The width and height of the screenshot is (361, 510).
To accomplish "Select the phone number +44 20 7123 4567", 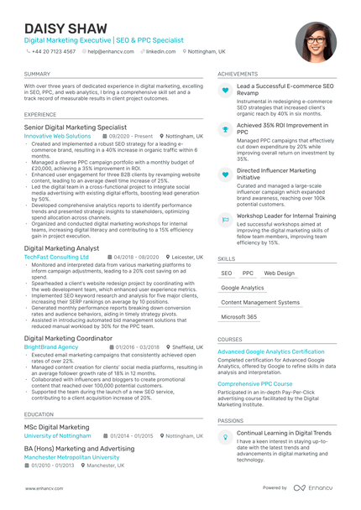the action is pyautogui.click(x=53, y=51).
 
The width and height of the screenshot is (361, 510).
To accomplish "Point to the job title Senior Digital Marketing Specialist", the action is pyautogui.click(x=76, y=127).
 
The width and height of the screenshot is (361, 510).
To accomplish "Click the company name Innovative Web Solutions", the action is pyautogui.click(x=57, y=135).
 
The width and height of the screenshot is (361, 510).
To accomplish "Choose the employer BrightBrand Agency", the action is pyautogui.click(x=51, y=346).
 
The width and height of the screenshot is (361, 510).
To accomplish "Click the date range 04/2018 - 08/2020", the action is pyautogui.click(x=136, y=257).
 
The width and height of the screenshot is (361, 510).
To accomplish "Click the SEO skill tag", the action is pyautogui.click(x=227, y=273).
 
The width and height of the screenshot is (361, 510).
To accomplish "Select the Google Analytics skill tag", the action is pyautogui.click(x=242, y=288).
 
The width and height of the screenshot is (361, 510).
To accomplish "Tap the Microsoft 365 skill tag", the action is pyautogui.click(x=239, y=317).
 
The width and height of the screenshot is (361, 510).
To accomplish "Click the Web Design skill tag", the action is pyautogui.click(x=279, y=273).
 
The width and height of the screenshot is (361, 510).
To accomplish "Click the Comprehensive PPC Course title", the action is pyautogui.click(x=254, y=383).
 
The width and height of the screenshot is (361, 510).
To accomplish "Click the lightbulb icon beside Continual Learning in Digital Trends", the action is pyautogui.click(x=225, y=437).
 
